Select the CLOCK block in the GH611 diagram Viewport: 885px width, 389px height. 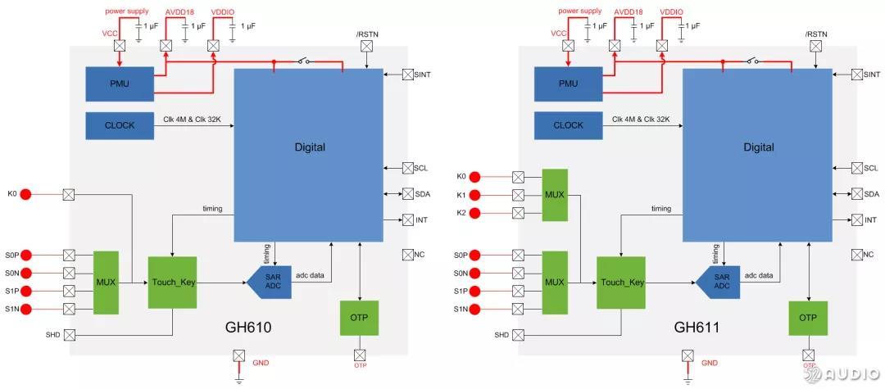(568, 125)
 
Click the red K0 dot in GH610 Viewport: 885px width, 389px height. (25, 194)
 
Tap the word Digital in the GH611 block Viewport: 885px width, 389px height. (758, 147)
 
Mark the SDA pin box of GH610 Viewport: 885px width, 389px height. (407, 194)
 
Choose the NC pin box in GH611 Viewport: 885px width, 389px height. (856, 255)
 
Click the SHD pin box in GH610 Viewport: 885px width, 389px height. (69, 335)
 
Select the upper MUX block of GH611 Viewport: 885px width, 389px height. (555, 195)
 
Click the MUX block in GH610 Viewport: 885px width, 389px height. (107, 283)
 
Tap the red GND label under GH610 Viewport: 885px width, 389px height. (261, 362)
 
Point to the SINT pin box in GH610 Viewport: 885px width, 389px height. (407, 75)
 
